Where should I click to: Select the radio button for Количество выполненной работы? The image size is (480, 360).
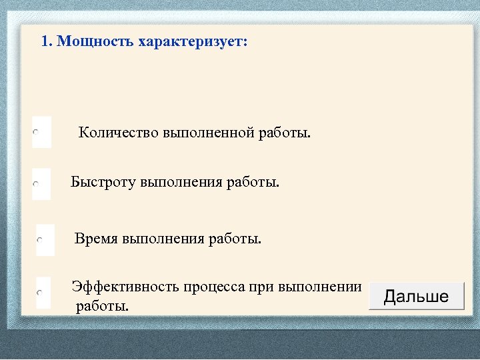pos(37,133)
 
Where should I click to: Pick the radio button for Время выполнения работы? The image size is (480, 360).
pos(41,239)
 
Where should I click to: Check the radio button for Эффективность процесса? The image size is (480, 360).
pos(39,292)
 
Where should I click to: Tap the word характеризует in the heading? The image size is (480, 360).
pos(193,42)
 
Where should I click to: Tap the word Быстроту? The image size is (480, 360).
pos(103,182)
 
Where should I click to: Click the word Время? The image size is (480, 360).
pos(96,238)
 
